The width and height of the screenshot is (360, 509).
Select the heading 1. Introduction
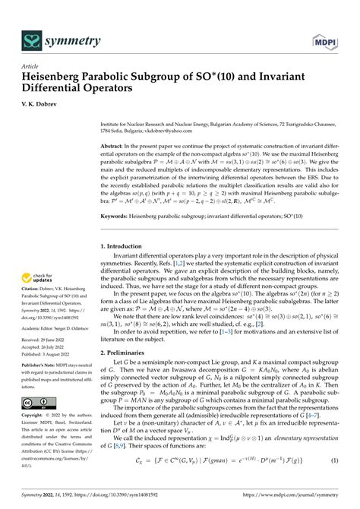125,246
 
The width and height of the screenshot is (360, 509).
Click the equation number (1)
333,482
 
